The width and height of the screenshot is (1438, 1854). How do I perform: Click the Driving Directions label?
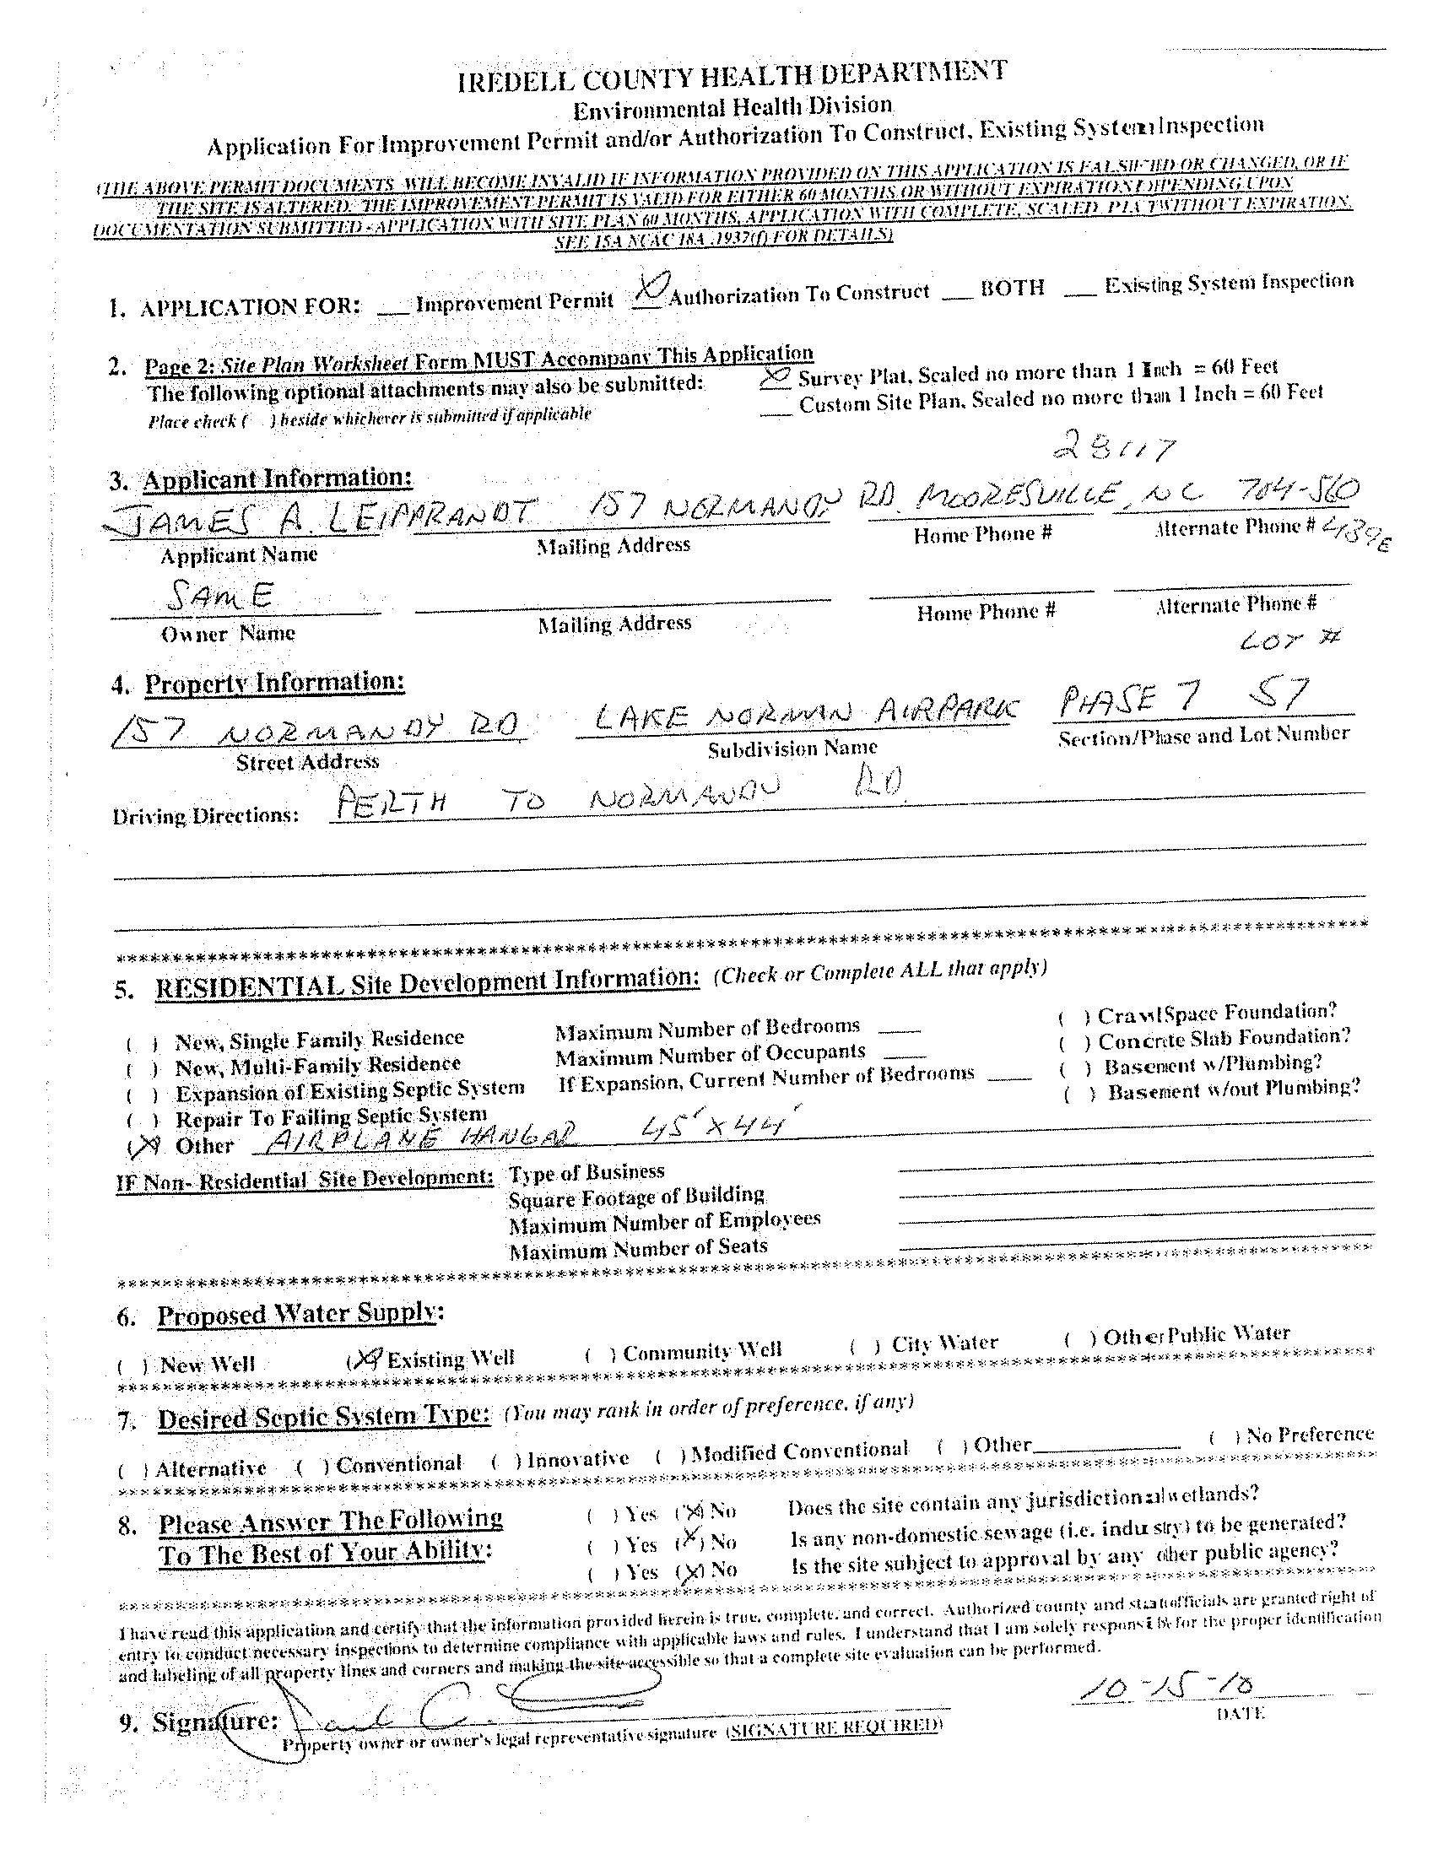(205, 815)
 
